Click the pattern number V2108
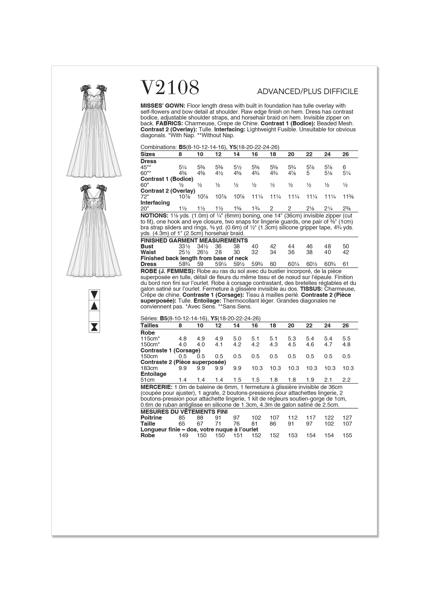click(170, 88)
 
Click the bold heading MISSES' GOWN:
click(163, 106)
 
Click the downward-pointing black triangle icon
click(94, 294)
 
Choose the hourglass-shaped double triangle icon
click(94, 327)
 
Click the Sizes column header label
click(148, 154)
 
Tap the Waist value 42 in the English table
click(345, 252)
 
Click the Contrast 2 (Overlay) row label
click(168, 191)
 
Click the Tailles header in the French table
click(149, 326)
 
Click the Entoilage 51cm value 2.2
click(346, 380)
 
